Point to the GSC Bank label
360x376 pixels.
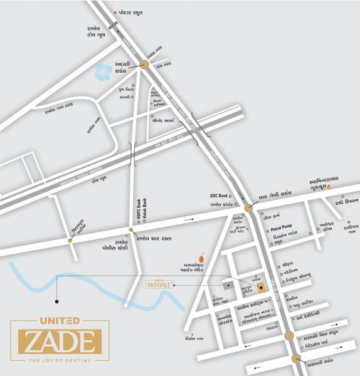(x=221, y=196)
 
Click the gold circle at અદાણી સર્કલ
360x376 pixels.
(x=144, y=64)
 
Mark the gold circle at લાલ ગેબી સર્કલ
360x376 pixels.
(x=249, y=206)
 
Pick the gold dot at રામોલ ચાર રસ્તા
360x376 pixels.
(x=131, y=230)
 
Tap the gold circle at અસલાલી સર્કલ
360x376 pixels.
(x=295, y=359)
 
